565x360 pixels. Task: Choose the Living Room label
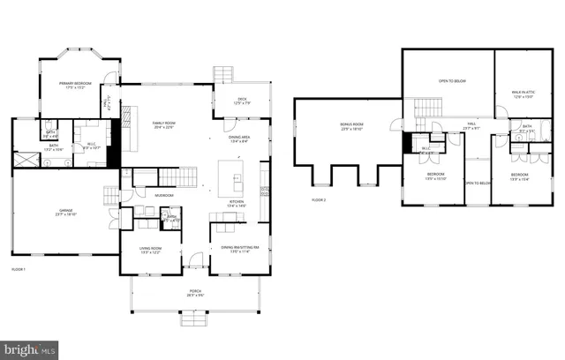point(149,250)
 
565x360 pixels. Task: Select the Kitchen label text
point(236,204)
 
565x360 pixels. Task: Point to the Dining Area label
point(240,138)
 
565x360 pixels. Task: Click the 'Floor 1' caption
point(19,268)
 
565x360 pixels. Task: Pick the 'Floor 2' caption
point(319,200)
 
